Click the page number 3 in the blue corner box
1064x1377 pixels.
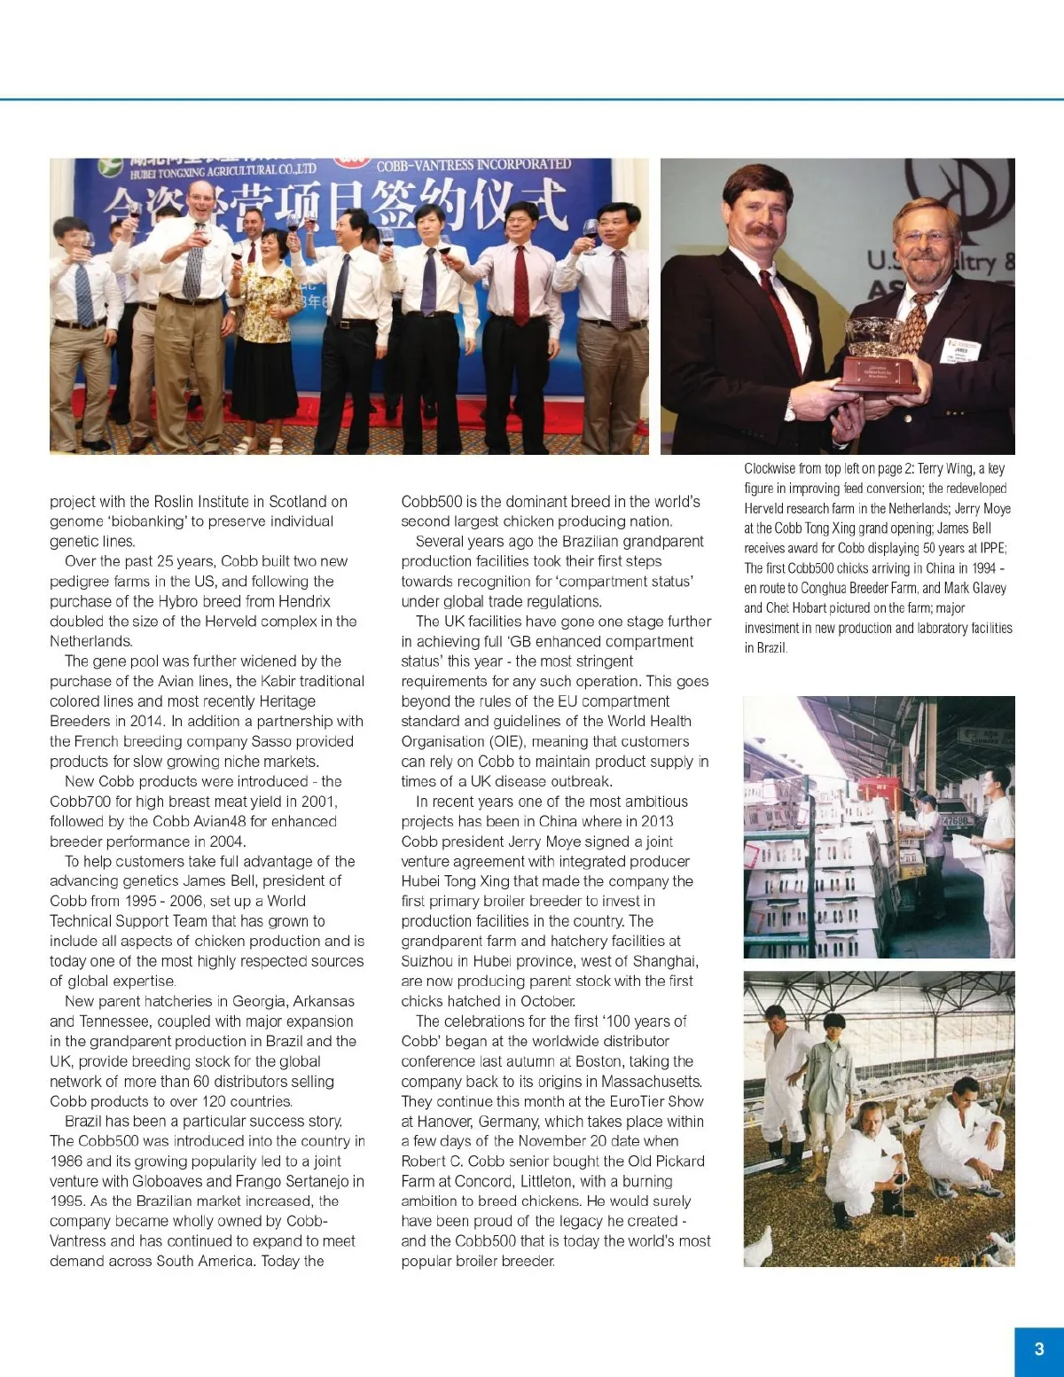click(x=1039, y=1349)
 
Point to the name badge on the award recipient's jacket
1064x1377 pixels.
click(x=961, y=351)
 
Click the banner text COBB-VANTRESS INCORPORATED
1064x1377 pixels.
click(x=473, y=165)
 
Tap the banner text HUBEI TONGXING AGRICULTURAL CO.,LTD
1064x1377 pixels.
click(x=223, y=170)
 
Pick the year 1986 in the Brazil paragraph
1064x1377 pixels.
click(x=66, y=1161)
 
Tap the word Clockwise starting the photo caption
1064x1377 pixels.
click(x=770, y=468)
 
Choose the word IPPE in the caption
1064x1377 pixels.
click(x=990, y=548)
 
